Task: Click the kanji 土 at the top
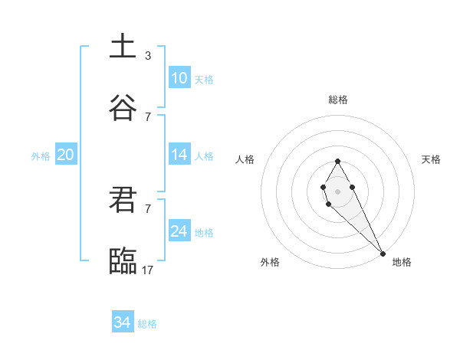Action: (x=123, y=46)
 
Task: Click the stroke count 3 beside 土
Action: (x=147, y=56)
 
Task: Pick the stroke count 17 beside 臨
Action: (x=148, y=270)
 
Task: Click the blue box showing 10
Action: (x=179, y=78)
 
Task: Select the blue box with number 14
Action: (x=179, y=155)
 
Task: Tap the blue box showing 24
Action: (x=179, y=231)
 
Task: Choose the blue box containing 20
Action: (x=65, y=155)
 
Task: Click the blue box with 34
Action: (x=123, y=322)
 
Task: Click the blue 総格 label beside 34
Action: (x=147, y=324)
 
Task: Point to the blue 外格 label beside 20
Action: (x=41, y=156)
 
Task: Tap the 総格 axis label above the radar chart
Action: (x=338, y=100)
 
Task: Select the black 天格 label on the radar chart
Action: (x=431, y=159)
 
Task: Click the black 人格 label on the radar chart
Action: (x=245, y=159)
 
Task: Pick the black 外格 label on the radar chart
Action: (x=270, y=262)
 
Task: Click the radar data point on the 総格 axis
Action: (x=337, y=161)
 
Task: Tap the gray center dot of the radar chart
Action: (x=337, y=190)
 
